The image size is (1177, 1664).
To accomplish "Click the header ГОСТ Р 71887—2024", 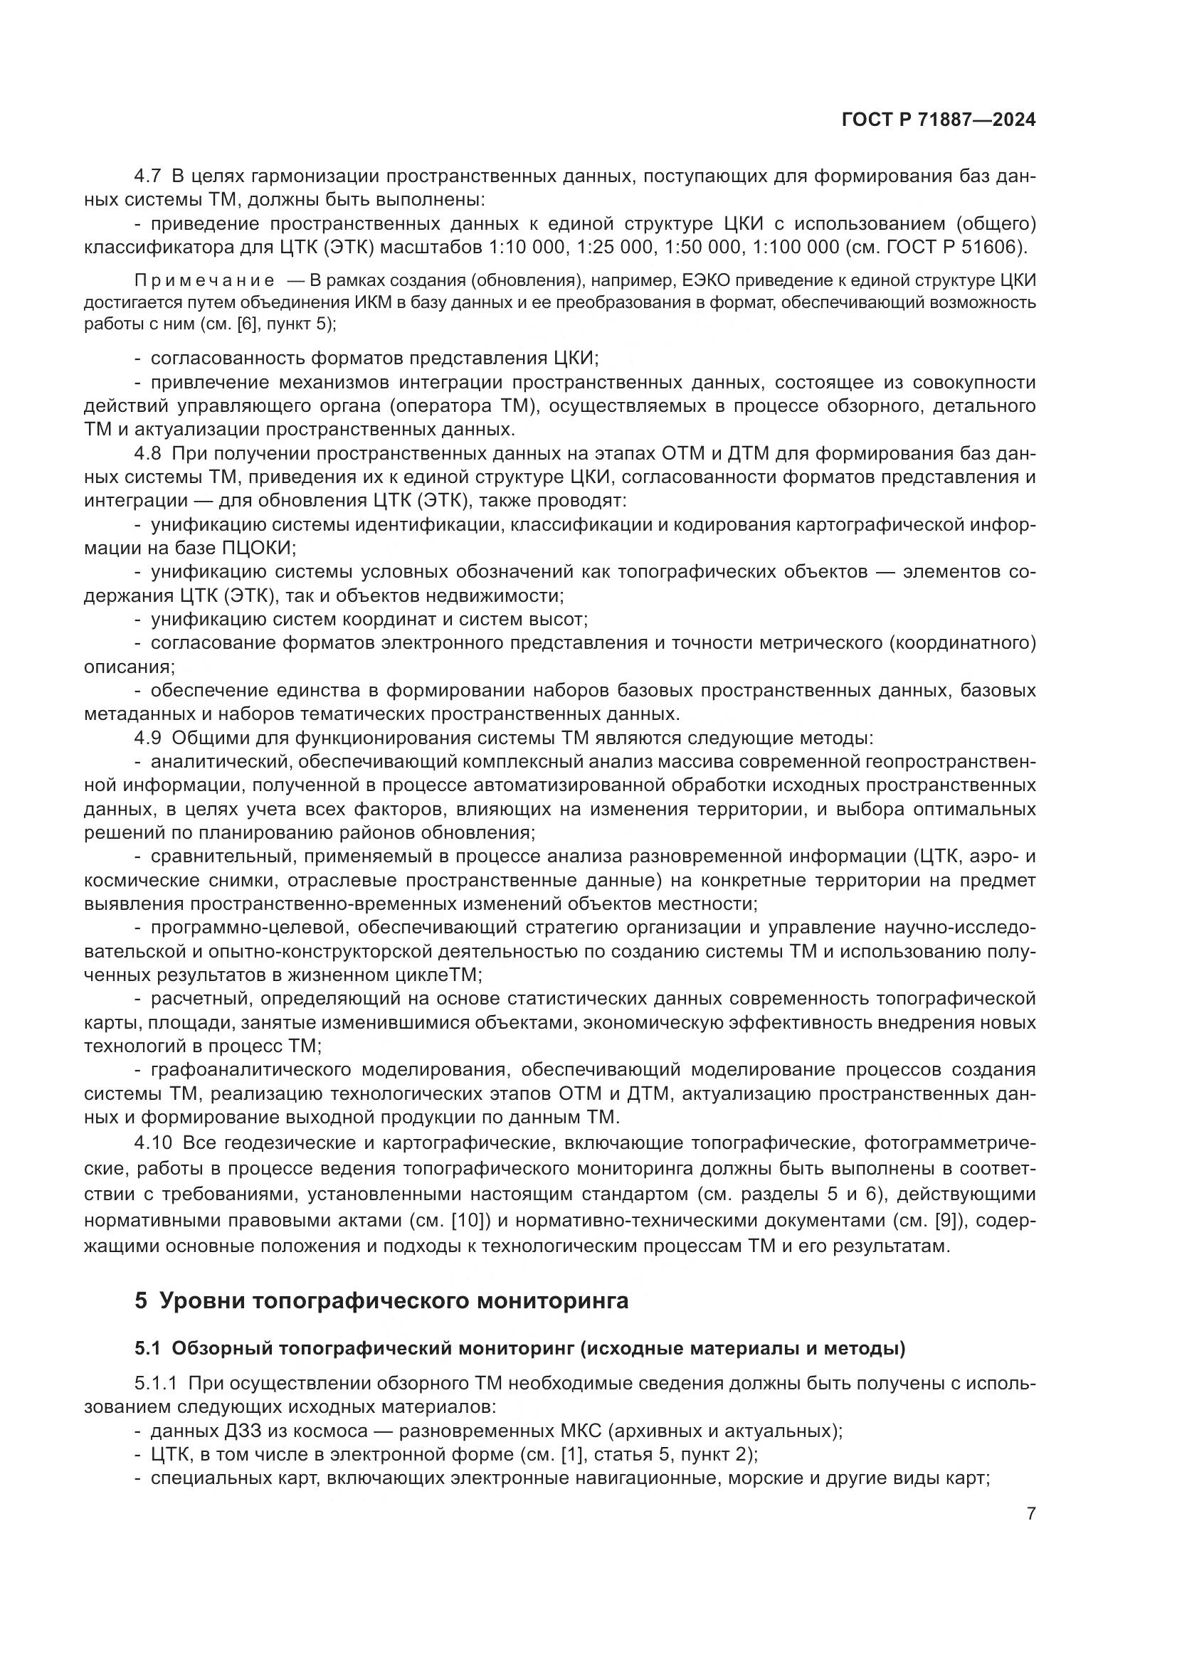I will [938, 120].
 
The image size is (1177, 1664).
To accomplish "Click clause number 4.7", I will [148, 176].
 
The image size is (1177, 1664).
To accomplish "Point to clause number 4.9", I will [148, 738].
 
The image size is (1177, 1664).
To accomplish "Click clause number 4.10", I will [153, 1143].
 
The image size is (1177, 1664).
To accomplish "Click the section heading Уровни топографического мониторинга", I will [393, 1300].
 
